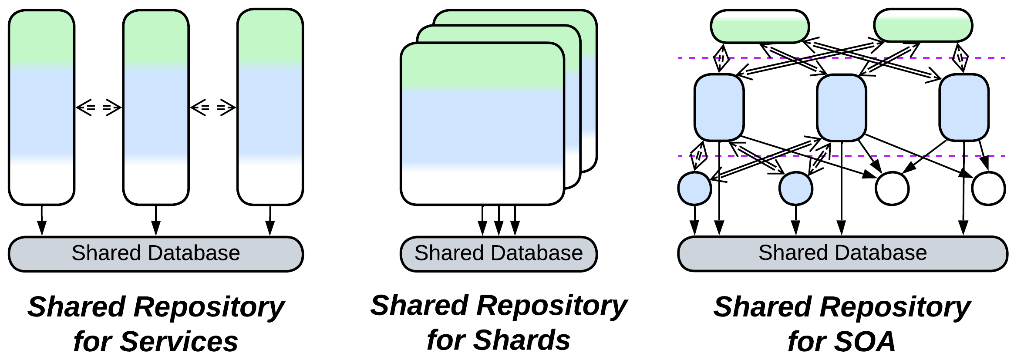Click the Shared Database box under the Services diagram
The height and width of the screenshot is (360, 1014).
click(155, 254)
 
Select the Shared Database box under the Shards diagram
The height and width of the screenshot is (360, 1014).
click(499, 254)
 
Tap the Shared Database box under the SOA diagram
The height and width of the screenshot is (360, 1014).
click(842, 254)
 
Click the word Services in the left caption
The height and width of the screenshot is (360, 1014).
click(179, 341)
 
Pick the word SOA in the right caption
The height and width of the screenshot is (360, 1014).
click(863, 341)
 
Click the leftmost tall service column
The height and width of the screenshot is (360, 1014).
click(42, 107)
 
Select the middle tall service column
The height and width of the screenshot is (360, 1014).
click(156, 107)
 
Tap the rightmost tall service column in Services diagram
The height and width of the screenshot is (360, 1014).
click(270, 107)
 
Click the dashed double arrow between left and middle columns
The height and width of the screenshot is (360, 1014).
click(99, 108)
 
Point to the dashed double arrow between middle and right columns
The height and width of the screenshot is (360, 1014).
click(213, 108)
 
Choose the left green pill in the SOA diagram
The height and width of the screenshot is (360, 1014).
click(760, 27)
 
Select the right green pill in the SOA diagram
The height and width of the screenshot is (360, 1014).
click(923, 26)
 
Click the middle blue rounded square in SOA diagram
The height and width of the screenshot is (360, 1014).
click(842, 108)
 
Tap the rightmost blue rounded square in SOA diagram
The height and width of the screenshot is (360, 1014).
click(964, 108)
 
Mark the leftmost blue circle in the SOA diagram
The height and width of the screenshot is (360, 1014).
click(695, 188)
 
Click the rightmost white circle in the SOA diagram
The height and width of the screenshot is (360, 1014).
click(989, 188)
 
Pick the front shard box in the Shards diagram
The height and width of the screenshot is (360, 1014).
click(482, 124)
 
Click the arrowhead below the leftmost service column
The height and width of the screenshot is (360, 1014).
click(42, 228)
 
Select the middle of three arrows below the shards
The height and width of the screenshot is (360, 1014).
click(499, 227)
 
